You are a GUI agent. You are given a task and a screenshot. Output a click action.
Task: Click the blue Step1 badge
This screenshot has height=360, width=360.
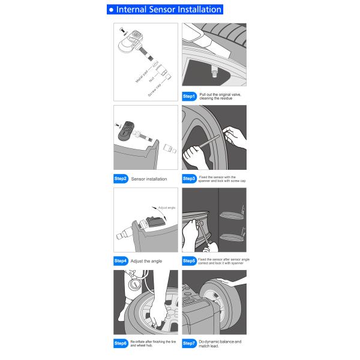190,97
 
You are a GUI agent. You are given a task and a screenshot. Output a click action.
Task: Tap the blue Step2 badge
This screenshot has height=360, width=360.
121,179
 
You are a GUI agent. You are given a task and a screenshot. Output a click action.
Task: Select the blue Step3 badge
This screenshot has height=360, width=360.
190,179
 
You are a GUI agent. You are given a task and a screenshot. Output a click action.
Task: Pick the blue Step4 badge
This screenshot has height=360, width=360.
121,261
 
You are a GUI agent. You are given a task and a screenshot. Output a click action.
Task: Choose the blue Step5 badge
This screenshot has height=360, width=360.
190,261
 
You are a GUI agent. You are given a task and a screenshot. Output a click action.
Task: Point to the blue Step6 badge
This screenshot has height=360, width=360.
121,343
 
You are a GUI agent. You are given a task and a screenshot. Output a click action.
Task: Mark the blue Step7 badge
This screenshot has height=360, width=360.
190,343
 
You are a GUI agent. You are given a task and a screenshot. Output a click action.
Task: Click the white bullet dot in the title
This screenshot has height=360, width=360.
112,10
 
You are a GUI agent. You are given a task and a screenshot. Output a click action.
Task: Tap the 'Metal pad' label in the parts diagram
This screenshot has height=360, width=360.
142,76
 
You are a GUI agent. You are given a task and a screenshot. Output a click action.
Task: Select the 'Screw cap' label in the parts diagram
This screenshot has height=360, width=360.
155,90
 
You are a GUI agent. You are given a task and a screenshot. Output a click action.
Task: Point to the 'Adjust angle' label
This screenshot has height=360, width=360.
167,208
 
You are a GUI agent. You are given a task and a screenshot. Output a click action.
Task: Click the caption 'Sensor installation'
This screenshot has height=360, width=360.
149,179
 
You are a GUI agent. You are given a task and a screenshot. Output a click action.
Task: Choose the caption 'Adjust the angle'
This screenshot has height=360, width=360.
146,261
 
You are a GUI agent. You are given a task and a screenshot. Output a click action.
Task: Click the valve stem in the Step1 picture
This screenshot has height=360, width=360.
214,71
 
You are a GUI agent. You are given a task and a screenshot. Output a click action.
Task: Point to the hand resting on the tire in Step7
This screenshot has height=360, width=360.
232,282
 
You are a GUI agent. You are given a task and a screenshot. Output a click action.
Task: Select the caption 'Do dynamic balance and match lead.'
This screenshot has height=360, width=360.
220,343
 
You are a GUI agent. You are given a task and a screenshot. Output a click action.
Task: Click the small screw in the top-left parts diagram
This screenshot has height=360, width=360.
122,31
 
